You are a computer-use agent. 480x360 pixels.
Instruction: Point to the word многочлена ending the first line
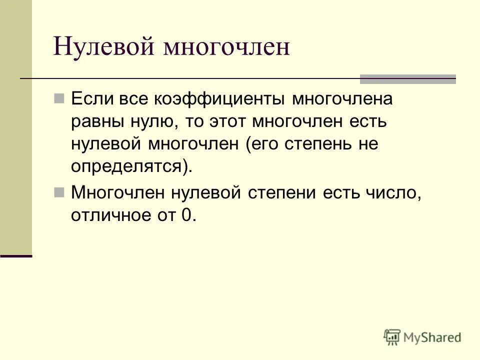coord(342,99)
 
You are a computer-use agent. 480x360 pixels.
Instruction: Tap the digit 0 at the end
coord(185,215)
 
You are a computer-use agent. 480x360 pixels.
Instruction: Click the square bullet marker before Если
coord(59,98)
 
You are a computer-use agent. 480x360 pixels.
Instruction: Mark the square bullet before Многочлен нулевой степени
coord(59,192)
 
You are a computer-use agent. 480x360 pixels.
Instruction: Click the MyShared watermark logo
coord(422,337)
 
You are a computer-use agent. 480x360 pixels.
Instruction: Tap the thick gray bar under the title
coord(408,78)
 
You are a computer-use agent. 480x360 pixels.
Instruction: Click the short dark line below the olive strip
coord(16,255)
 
